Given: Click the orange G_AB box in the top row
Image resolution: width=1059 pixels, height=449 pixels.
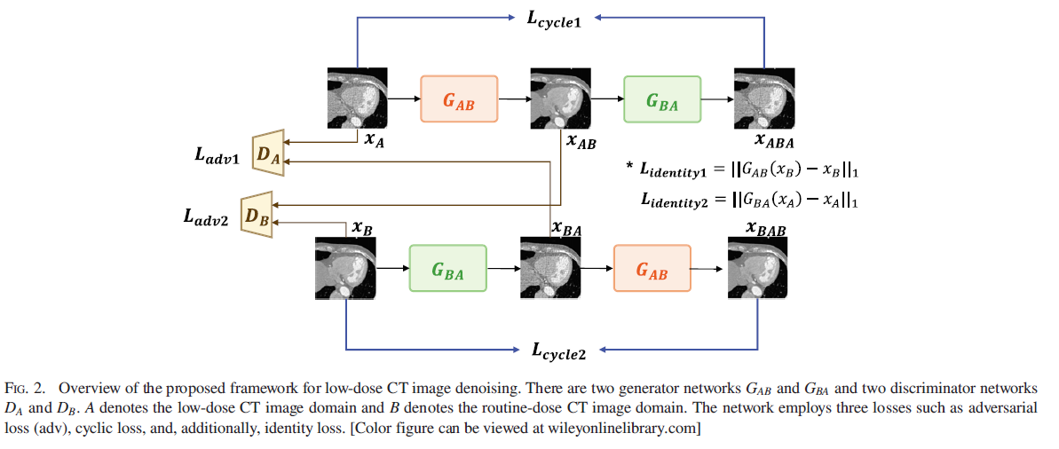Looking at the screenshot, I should [x=458, y=99].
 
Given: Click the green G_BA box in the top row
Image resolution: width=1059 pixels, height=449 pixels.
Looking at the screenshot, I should [x=662, y=99].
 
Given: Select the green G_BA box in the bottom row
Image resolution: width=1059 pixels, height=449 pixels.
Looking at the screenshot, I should [x=447, y=268].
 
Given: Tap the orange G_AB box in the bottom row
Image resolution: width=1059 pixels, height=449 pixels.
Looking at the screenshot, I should [x=652, y=268].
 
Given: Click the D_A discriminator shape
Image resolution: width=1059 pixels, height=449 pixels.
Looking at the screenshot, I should [x=266, y=154].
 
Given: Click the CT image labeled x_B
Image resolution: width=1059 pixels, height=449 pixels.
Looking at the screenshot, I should [x=345, y=267].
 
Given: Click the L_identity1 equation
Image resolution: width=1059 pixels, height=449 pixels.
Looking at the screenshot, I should [x=750, y=169].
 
